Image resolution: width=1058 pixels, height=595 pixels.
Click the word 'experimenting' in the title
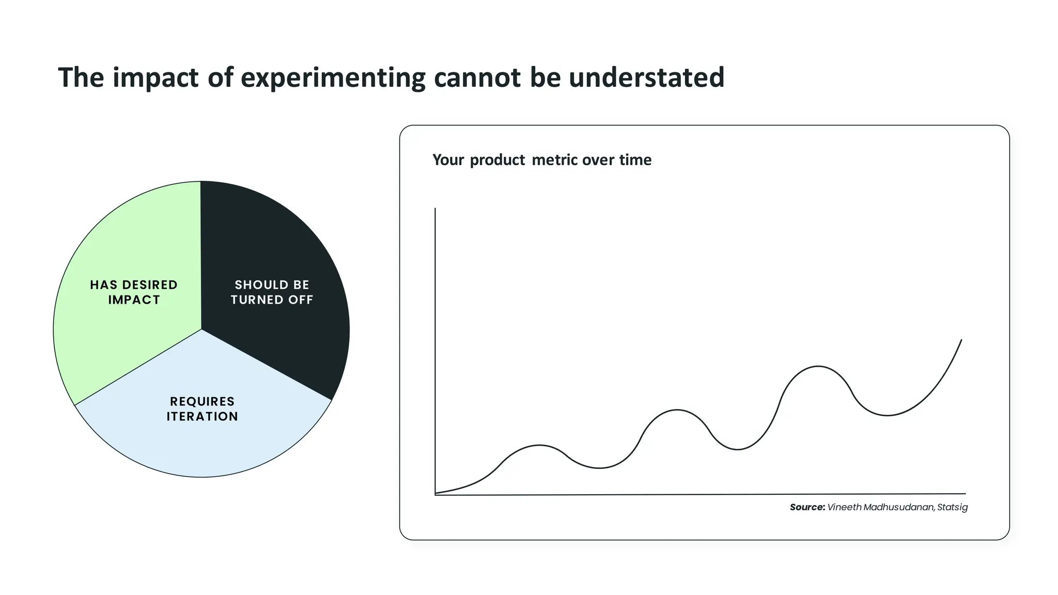(x=333, y=77)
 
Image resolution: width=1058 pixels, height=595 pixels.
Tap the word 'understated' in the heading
(x=646, y=77)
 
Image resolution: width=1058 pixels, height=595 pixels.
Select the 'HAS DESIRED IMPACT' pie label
(x=134, y=292)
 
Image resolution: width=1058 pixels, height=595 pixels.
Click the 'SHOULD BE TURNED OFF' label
(x=272, y=292)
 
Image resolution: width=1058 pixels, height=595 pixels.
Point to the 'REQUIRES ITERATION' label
(x=202, y=409)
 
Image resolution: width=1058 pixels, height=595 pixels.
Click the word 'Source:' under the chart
(x=807, y=507)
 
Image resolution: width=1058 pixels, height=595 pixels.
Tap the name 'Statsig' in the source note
(x=952, y=507)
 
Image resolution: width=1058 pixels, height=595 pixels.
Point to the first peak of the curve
(x=539, y=445)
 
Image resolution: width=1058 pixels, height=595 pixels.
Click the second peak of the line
(x=677, y=410)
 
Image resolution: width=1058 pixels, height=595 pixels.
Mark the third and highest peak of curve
(x=818, y=366)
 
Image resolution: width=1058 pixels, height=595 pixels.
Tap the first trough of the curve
(x=599, y=468)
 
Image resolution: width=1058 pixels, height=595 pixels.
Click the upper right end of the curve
(x=961, y=340)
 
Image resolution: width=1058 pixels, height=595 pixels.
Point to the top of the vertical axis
(x=435, y=209)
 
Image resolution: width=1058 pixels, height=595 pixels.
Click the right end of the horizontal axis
(x=965, y=494)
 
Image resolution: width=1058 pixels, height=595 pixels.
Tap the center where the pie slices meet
(x=201, y=330)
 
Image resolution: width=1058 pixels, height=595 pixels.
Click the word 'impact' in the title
(x=155, y=77)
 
